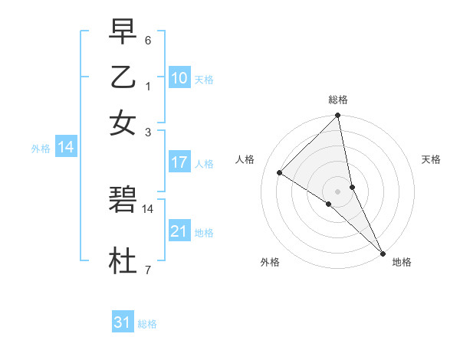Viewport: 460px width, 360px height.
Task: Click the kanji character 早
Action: (123, 31)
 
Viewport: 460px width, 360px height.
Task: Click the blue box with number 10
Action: (179, 78)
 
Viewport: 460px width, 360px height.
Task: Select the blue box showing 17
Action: (179, 162)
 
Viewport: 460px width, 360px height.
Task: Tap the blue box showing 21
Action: (179, 231)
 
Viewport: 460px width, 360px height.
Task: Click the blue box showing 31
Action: (123, 322)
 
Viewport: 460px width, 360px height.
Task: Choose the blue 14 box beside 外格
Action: (66, 148)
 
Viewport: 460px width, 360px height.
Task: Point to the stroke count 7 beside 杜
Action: (148, 270)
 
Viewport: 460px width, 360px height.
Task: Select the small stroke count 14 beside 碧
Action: (148, 208)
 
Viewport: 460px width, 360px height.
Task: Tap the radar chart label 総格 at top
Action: (338, 100)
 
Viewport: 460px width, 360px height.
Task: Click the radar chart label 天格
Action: (431, 159)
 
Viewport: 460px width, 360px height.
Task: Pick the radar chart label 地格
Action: (402, 262)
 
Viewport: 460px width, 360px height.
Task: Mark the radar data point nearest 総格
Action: (338, 116)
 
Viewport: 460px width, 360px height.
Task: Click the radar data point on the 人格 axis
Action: (280, 172)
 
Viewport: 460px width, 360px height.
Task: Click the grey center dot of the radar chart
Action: (338, 191)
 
